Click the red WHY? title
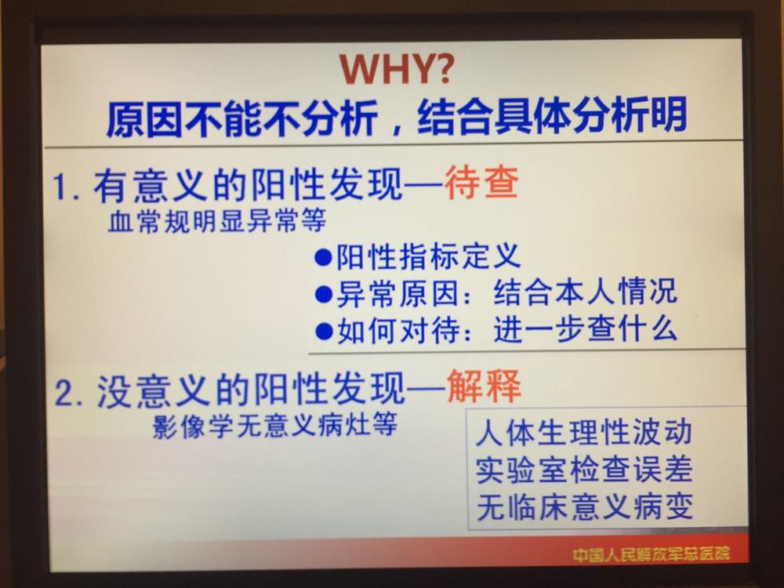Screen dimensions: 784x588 tap(397, 68)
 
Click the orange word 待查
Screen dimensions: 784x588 tap(481, 183)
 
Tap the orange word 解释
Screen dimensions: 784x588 tap(484, 387)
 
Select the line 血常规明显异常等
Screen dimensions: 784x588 tap(217, 220)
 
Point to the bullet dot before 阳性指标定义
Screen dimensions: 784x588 tap(324, 257)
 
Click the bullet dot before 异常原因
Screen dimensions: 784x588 tap(324, 294)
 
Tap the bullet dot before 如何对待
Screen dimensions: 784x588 tap(324, 331)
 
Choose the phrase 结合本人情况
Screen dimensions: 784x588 tap(585, 292)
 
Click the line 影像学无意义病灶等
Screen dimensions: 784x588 tap(274, 425)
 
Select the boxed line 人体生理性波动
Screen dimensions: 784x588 tap(583, 432)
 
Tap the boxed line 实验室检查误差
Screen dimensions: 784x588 tap(583, 470)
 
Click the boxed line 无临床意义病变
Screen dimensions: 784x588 tap(585, 506)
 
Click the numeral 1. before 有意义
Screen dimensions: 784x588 tap(67, 187)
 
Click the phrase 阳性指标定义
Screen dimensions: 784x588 tap(428, 256)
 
